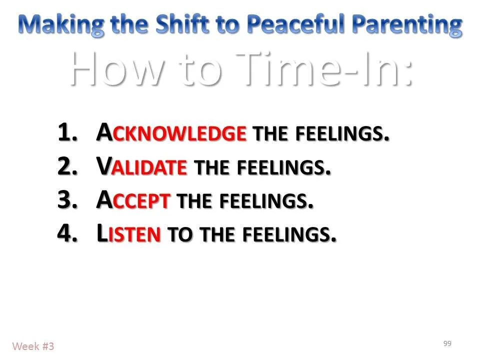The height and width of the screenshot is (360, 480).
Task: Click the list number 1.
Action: click(68, 133)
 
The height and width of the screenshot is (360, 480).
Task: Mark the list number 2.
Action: click(68, 167)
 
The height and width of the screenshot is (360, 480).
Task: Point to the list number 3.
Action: click(68, 200)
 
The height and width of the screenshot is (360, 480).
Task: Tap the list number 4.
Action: click(68, 233)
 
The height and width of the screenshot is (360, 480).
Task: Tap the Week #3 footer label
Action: click(33, 346)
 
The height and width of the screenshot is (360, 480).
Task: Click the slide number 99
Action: click(447, 343)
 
